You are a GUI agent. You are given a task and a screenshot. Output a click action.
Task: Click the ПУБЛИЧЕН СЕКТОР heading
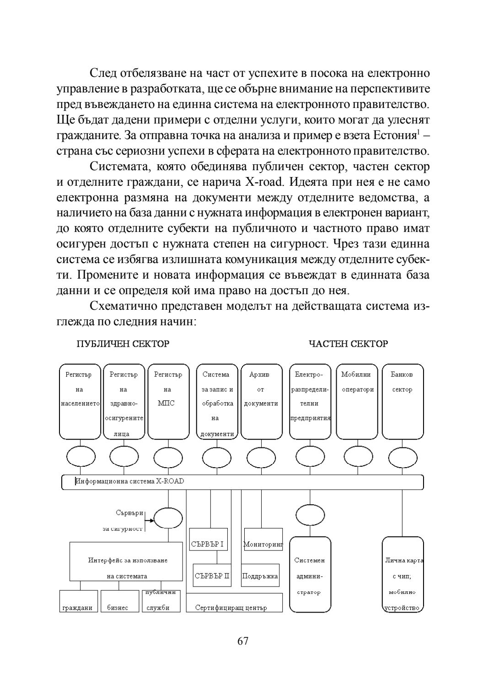[123, 344]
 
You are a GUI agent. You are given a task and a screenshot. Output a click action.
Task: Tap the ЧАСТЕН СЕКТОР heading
[349, 344]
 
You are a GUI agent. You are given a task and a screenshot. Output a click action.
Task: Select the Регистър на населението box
[80, 401]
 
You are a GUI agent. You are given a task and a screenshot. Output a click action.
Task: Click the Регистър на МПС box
[168, 401]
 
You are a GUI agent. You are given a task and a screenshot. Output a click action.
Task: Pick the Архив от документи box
[260, 401]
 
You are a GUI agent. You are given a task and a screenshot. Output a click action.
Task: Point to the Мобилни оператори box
[357, 401]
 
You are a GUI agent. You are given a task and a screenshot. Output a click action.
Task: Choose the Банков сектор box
[403, 401]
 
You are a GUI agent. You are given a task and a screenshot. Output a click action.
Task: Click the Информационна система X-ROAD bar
[242, 482]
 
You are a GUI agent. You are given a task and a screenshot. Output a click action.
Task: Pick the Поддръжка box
[260, 576]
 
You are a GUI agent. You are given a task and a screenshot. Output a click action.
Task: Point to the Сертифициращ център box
[234, 603]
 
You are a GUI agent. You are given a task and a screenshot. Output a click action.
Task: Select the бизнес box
[119, 602]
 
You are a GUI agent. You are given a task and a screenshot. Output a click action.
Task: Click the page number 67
[243, 641]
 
